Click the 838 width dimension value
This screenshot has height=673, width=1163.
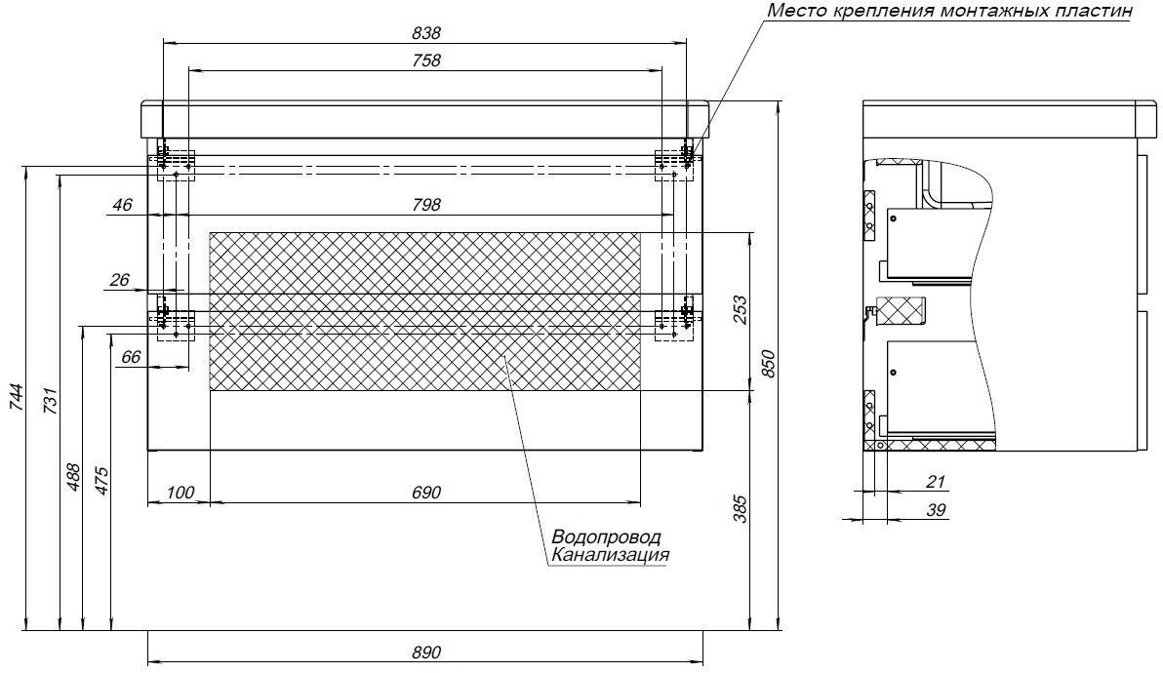(x=426, y=32)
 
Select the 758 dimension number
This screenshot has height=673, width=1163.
(x=426, y=59)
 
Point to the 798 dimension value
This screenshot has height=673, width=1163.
(x=426, y=205)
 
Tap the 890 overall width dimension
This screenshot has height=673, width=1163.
(x=426, y=651)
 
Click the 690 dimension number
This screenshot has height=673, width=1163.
(x=426, y=493)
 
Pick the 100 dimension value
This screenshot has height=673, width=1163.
(x=180, y=493)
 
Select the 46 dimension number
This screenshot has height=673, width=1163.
(x=121, y=205)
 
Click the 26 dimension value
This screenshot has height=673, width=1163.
(x=120, y=280)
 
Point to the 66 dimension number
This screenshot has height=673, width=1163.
(x=132, y=357)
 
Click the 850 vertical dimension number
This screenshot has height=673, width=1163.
(x=768, y=364)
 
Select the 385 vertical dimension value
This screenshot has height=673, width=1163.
(x=739, y=507)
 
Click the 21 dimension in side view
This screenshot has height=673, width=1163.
(x=936, y=481)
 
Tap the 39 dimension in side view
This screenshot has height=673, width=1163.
(x=935, y=509)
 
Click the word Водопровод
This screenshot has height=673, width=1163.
(x=605, y=537)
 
